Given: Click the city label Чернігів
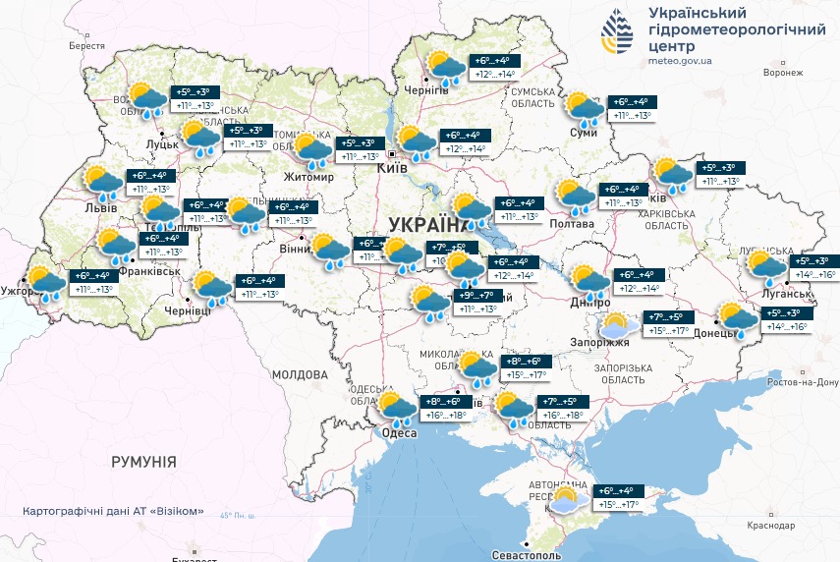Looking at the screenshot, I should click(426, 90).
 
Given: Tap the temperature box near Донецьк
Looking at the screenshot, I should click(786, 319).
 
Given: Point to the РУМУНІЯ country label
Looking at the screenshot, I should click(143, 461).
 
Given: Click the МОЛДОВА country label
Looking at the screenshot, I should click(299, 375).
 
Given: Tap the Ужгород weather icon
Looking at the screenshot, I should click(44, 282).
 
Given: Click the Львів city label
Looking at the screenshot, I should click(100, 207).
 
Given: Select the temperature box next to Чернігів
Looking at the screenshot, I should click(495, 67).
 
